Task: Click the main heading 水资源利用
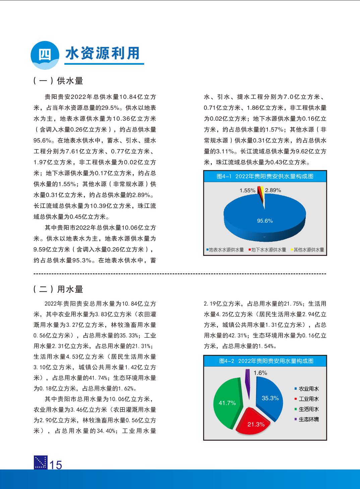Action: (103, 53)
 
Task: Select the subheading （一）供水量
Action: (58, 81)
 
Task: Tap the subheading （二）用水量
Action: (58, 289)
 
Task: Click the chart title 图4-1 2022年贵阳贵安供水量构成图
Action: (265, 176)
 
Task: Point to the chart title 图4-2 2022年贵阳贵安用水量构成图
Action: (265, 361)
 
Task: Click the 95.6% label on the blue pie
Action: (265, 221)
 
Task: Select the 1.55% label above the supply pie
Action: (247, 190)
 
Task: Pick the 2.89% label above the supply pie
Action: (273, 190)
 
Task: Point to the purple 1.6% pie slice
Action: (248, 379)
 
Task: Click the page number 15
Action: (56, 465)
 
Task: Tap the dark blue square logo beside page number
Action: (41, 463)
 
